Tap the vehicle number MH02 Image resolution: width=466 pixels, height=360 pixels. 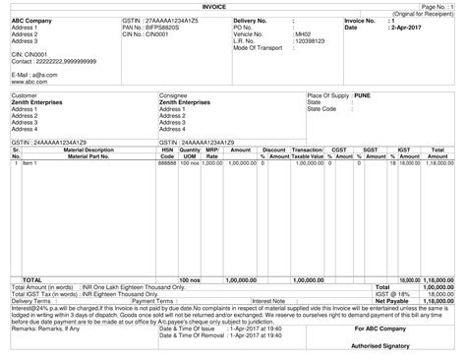pos(303,33)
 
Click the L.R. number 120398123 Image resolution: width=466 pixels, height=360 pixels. pos(310,40)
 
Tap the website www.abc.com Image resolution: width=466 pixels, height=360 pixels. pos(29,82)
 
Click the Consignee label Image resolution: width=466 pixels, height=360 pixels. pos(173,94)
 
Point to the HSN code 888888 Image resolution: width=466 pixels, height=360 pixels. pos(167,163)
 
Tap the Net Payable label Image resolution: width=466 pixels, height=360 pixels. pos(391,301)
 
